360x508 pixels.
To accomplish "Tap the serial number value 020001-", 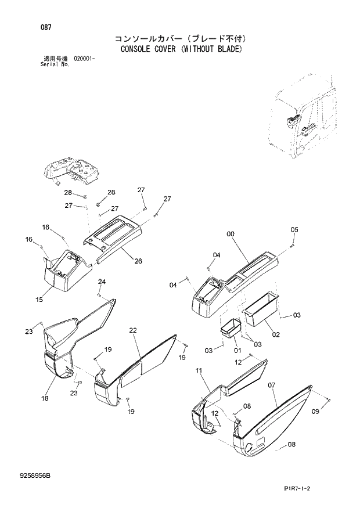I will click(x=85, y=59).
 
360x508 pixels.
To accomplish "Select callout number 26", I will click(x=138, y=261).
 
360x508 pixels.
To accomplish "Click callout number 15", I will click(x=39, y=300).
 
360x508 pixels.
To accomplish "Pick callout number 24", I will click(x=102, y=282).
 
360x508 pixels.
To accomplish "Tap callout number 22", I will click(x=133, y=330).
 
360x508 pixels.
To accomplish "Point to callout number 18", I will click(x=45, y=399).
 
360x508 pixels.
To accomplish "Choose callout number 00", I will click(x=231, y=233).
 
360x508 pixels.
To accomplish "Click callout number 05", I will click(x=294, y=230).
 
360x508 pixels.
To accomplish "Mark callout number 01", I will click(x=237, y=351).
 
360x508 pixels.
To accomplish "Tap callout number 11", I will click(x=199, y=370).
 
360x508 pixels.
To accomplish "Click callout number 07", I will click(x=271, y=384).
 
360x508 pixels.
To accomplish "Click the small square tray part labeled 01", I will click(x=230, y=328).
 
